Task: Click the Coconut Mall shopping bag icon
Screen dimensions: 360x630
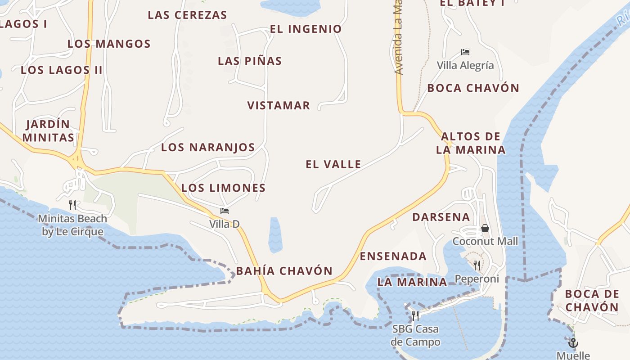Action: point(485,228)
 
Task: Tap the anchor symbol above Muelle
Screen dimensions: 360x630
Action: point(573,343)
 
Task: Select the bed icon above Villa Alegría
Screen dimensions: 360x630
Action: point(465,52)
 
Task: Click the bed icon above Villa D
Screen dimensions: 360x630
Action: point(225,211)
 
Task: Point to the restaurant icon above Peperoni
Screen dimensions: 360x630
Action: point(477,265)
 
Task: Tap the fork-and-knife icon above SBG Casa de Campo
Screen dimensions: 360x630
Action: point(415,315)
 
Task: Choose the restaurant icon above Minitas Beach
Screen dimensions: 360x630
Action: point(72,205)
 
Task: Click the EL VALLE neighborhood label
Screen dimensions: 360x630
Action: point(333,164)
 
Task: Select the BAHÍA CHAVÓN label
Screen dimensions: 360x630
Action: point(284,271)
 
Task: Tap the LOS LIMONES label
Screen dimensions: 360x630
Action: point(223,188)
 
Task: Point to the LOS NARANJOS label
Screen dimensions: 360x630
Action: point(208,147)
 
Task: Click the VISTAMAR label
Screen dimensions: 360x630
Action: point(279,105)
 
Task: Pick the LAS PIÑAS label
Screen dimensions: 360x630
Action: point(250,61)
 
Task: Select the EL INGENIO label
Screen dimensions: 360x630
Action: point(306,29)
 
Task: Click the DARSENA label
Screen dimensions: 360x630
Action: point(441,217)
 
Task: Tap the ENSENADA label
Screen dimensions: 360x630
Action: point(393,256)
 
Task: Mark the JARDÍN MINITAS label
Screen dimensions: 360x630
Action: point(48,130)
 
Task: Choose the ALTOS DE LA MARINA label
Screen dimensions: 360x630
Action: point(471,143)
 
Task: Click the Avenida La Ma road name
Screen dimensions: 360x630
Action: point(398,38)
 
